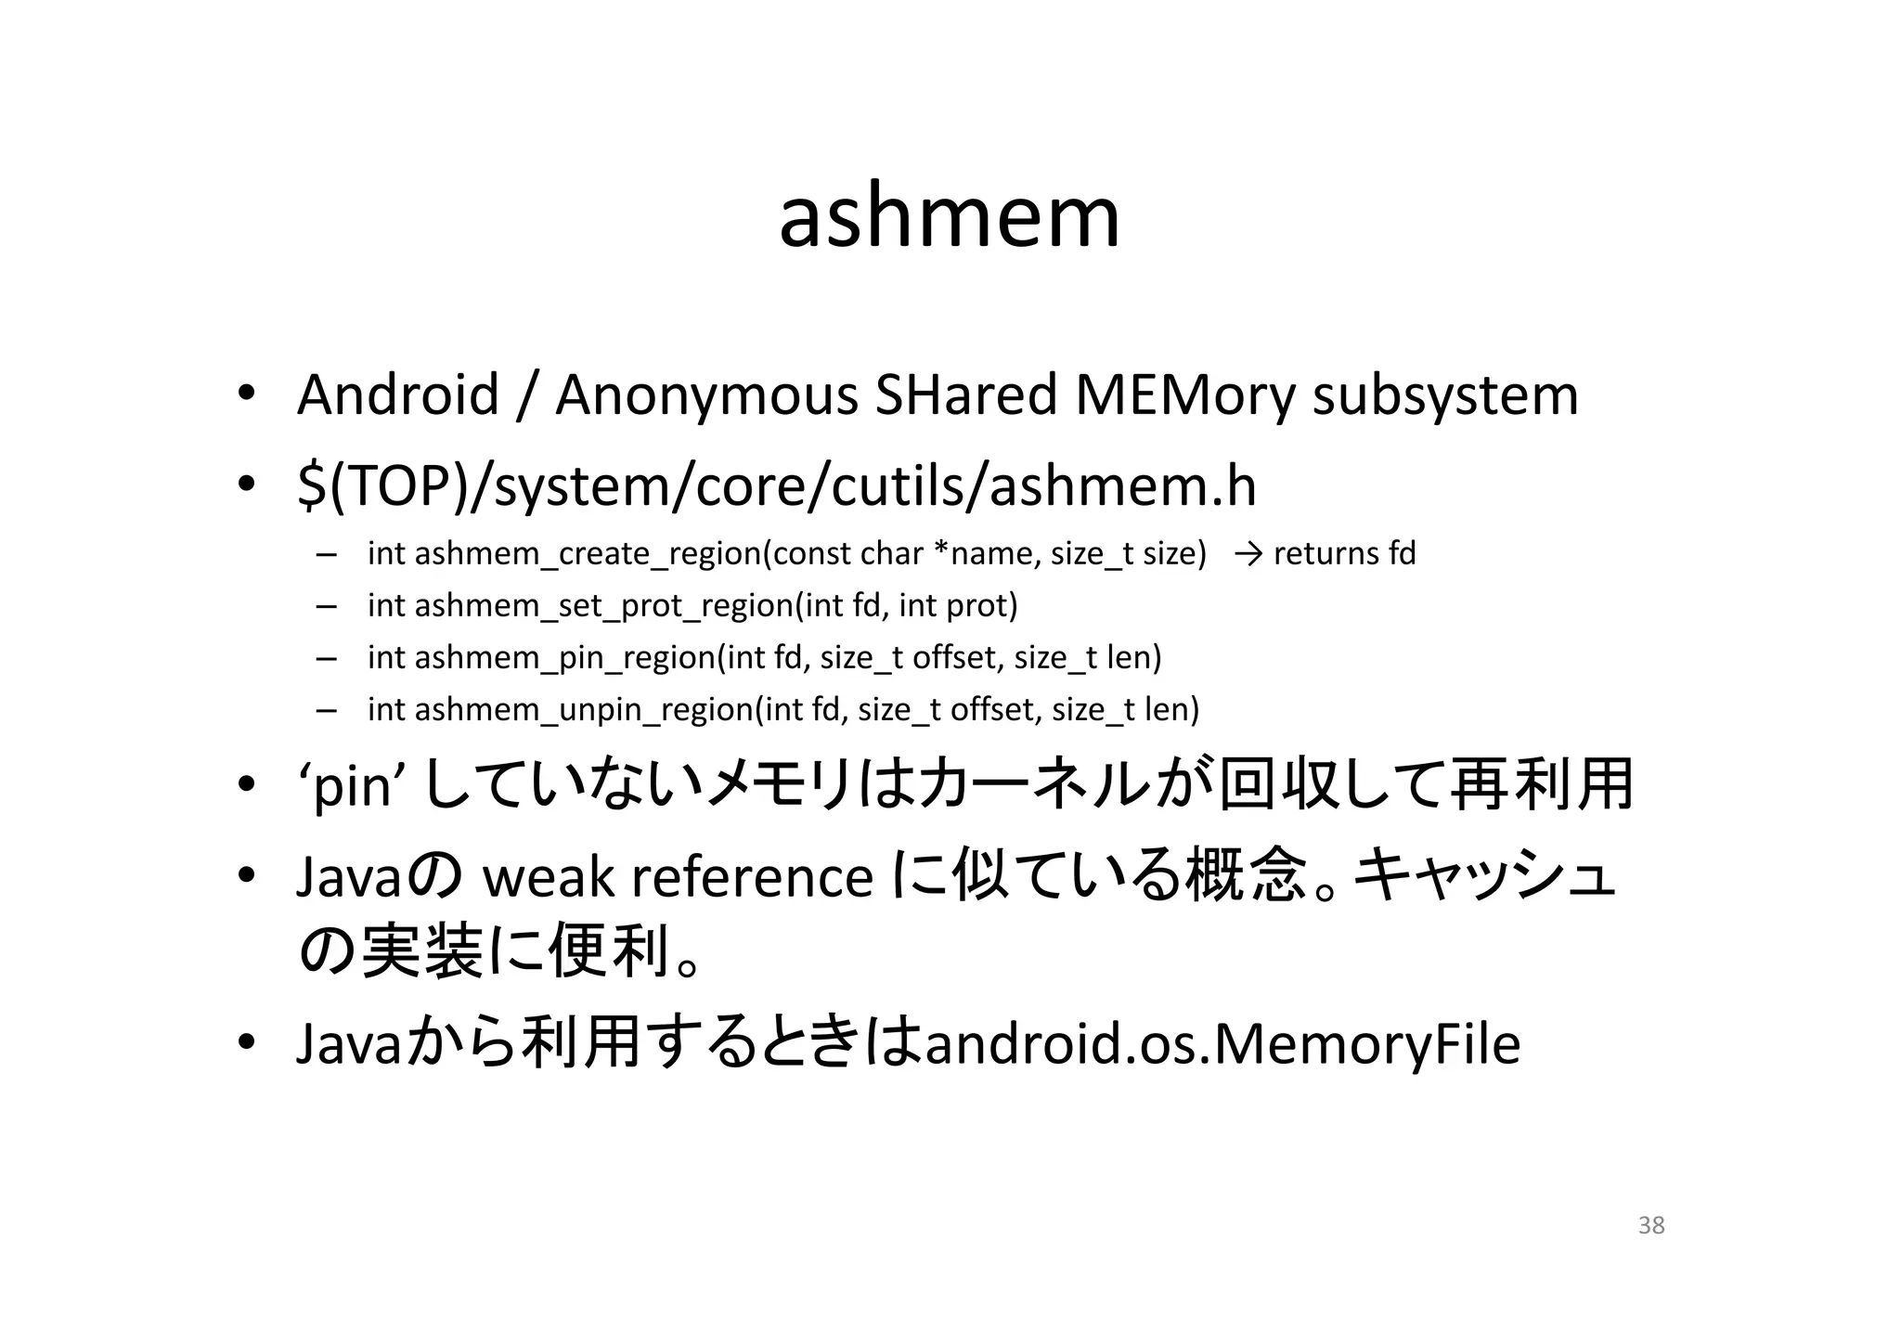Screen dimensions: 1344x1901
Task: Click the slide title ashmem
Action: pyautogui.click(x=949, y=217)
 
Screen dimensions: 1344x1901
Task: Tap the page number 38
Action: pyautogui.click(x=1651, y=1225)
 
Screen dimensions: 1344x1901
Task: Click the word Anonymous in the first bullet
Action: pyautogui.click(x=706, y=394)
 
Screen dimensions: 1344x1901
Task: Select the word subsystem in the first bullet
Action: pyautogui.click(x=1444, y=396)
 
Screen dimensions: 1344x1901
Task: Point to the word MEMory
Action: pyautogui.click(x=1184, y=396)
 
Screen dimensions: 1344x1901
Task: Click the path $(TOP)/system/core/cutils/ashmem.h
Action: pyautogui.click(x=776, y=486)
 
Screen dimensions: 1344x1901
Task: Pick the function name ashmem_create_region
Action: pyautogui.click(x=588, y=554)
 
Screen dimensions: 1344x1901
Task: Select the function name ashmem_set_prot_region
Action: pyautogui.click(x=603, y=606)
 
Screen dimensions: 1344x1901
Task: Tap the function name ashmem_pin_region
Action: pyautogui.click(x=565, y=658)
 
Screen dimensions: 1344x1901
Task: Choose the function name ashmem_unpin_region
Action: pyautogui.click(x=584, y=710)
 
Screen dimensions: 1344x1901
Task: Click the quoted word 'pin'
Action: pyautogui.click(x=350, y=787)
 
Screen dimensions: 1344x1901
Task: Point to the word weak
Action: pyautogui.click(x=548, y=877)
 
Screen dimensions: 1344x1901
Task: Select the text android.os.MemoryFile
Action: pyautogui.click(x=1222, y=1044)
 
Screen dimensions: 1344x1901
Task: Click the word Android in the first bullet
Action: pyautogui.click(x=397, y=394)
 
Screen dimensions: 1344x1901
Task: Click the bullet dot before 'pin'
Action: pyautogui.click(x=245, y=786)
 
